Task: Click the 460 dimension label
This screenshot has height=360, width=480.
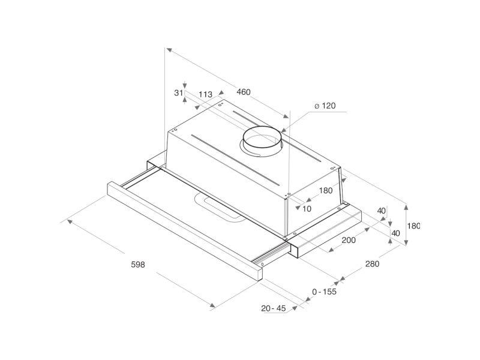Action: (244, 92)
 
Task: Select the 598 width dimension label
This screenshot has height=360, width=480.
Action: (138, 265)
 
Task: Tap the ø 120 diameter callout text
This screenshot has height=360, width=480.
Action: (325, 106)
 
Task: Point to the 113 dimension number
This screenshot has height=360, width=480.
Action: (205, 94)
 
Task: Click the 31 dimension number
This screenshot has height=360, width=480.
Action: (178, 92)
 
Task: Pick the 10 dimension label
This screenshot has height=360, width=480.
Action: (307, 209)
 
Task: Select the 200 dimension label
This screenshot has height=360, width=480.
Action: (349, 241)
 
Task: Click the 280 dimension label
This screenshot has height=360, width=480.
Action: (372, 264)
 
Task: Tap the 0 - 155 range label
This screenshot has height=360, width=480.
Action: (324, 292)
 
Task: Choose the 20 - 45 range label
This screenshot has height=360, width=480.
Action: (274, 308)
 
